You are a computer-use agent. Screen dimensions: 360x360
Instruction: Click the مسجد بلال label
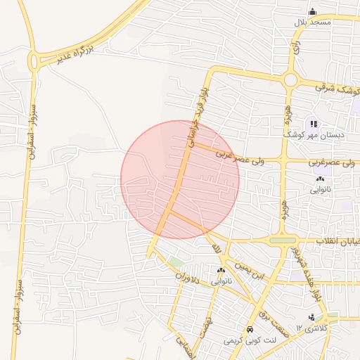[x=313, y=22]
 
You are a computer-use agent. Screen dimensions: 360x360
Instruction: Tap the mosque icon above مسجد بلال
[x=313, y=11]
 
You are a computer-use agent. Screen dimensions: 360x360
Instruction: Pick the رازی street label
[x=297, y=48]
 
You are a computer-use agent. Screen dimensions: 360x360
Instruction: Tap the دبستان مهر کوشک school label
[x=311, y=134]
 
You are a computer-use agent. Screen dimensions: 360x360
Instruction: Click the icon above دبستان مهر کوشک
[x=314, y=124]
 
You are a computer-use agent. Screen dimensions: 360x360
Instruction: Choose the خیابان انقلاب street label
[x=337, y=241]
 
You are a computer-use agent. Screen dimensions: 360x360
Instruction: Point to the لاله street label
[x=215, y=248]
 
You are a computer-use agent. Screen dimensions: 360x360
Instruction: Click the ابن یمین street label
[x=252, y=271]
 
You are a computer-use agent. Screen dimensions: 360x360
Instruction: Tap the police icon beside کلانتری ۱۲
[x=311, y=317]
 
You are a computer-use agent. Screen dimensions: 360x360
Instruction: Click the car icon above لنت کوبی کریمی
[x=250, y=329]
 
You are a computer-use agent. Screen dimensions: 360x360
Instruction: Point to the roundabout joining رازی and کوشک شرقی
[x=290, y=80]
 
